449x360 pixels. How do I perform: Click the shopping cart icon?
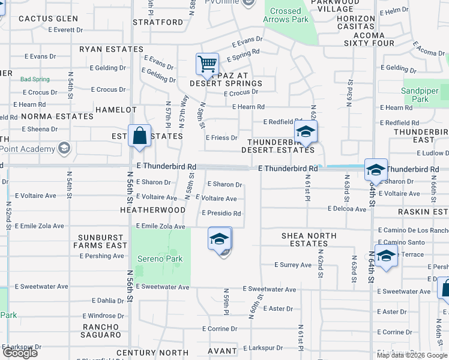[x=207, y=64]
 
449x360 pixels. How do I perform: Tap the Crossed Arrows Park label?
[x=285, y=15]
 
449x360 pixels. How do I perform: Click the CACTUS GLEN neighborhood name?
[x=48, y=19]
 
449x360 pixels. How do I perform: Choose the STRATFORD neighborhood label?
[x=158, y=22]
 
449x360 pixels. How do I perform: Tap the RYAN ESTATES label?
[x=111, y=49]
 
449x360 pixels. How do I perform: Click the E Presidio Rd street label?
[x=221, y=213]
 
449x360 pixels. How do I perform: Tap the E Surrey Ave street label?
[x=293, y=265]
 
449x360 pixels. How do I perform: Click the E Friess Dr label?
[x=221, y=137]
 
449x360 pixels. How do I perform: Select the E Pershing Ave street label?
[x=101, y=256]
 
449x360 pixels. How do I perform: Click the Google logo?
[x=19, y=353]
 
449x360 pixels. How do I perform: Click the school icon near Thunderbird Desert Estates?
[x=306, y=133]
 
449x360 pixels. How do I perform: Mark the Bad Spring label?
[x=34, y=79]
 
